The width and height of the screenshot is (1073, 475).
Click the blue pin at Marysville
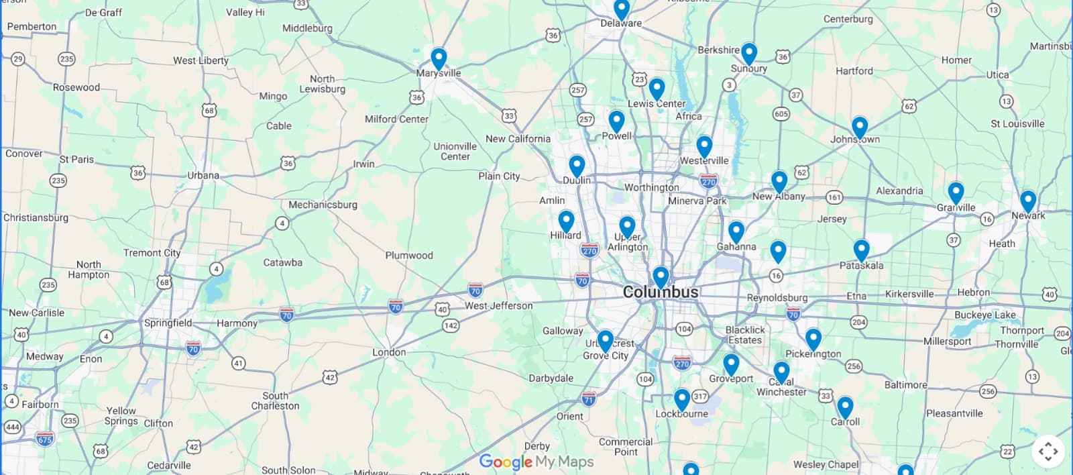439,58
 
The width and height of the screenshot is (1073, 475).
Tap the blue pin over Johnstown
860,127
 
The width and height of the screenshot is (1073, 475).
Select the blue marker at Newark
1028,201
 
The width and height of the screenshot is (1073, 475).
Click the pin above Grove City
605,341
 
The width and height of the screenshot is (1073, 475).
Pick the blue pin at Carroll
845,407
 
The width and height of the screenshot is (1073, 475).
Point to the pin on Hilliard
566,221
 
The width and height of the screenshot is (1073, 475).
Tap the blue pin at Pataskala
861,250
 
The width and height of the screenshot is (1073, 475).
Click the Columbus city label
661,293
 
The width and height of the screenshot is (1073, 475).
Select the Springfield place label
168,323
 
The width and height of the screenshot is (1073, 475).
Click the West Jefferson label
499,306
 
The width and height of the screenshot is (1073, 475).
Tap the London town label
389,352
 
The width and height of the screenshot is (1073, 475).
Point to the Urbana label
203,176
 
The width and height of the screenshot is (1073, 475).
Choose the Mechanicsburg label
323,205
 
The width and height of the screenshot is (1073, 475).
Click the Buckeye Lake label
984,315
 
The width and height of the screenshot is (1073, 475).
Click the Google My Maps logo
536,462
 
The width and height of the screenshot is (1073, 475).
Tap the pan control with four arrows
1048,452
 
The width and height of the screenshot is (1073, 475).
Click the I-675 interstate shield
45,439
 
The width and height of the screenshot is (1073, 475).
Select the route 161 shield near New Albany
834,197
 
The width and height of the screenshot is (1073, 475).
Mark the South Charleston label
275,401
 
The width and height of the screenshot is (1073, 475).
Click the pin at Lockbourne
682,399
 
